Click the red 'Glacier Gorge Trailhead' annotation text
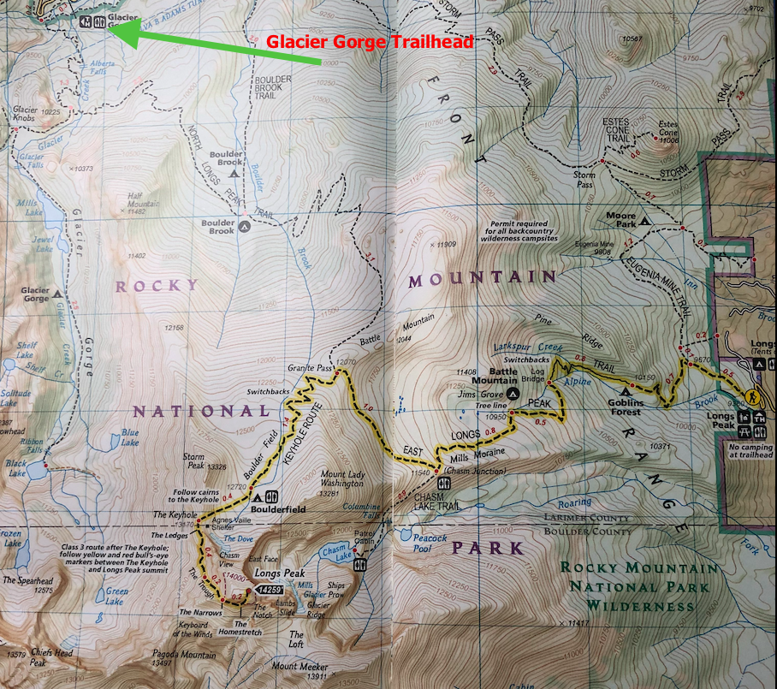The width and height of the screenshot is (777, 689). coord(370,41)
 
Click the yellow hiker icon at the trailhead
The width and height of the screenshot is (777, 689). coord(750,397)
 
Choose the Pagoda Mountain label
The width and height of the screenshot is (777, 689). coord(181,657)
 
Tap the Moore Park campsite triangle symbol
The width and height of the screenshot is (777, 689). coord(644,217)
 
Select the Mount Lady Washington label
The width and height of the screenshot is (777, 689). coord(317,484)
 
